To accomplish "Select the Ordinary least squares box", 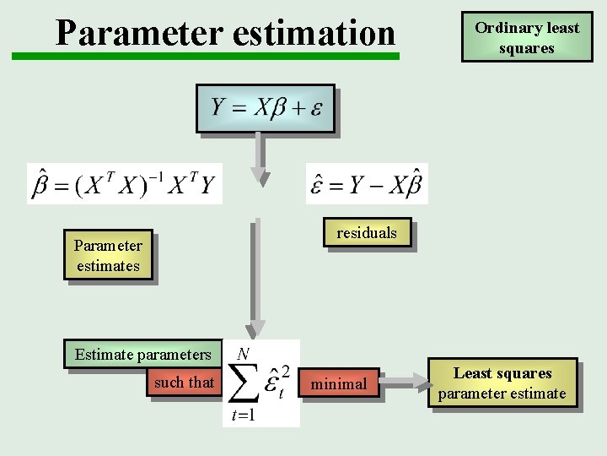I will [x=527, y=37].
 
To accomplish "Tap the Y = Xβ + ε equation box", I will [x=266, y=108].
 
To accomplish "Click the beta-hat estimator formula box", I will [x=125, y=183].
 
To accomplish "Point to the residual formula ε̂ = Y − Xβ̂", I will [x=367, y=183].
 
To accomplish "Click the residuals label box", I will [x=367, y=233].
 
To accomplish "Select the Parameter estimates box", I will [x=108, y=256].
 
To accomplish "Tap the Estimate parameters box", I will [x=142, y=354].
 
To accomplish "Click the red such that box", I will [x=184, y=383].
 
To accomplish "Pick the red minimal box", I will [x=339, y=384].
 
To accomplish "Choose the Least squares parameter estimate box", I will [x=502, y=383].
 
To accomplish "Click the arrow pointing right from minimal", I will [x=405, y=384].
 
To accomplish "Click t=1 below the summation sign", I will [x=243, y=415].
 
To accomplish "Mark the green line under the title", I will [x=206, y=57].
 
